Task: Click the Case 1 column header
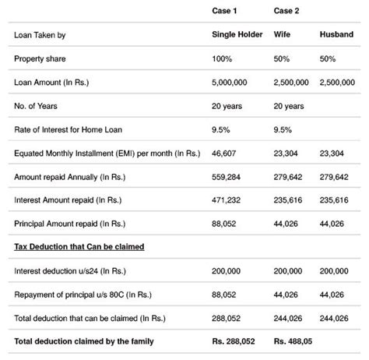click(x=225, y=10)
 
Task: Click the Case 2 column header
click(x=286, y=10)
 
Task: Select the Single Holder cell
click(x=235, y=35)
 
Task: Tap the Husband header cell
click(x=336, y=35)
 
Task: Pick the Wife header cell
click(x=282, y=35)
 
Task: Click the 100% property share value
click(x=223, y=58)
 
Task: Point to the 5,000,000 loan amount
click(x=232, y=82)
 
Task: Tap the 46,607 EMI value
click(x=224, y=154)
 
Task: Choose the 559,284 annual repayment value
click(x=226, y=177)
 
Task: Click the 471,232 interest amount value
click(x=226, y=200)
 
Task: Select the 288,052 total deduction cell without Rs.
click(x=226, y=317)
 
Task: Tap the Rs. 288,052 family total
click(x=234, y=342)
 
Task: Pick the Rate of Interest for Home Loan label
click(x=70, y=129)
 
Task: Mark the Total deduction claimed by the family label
click(x=83, y=342)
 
